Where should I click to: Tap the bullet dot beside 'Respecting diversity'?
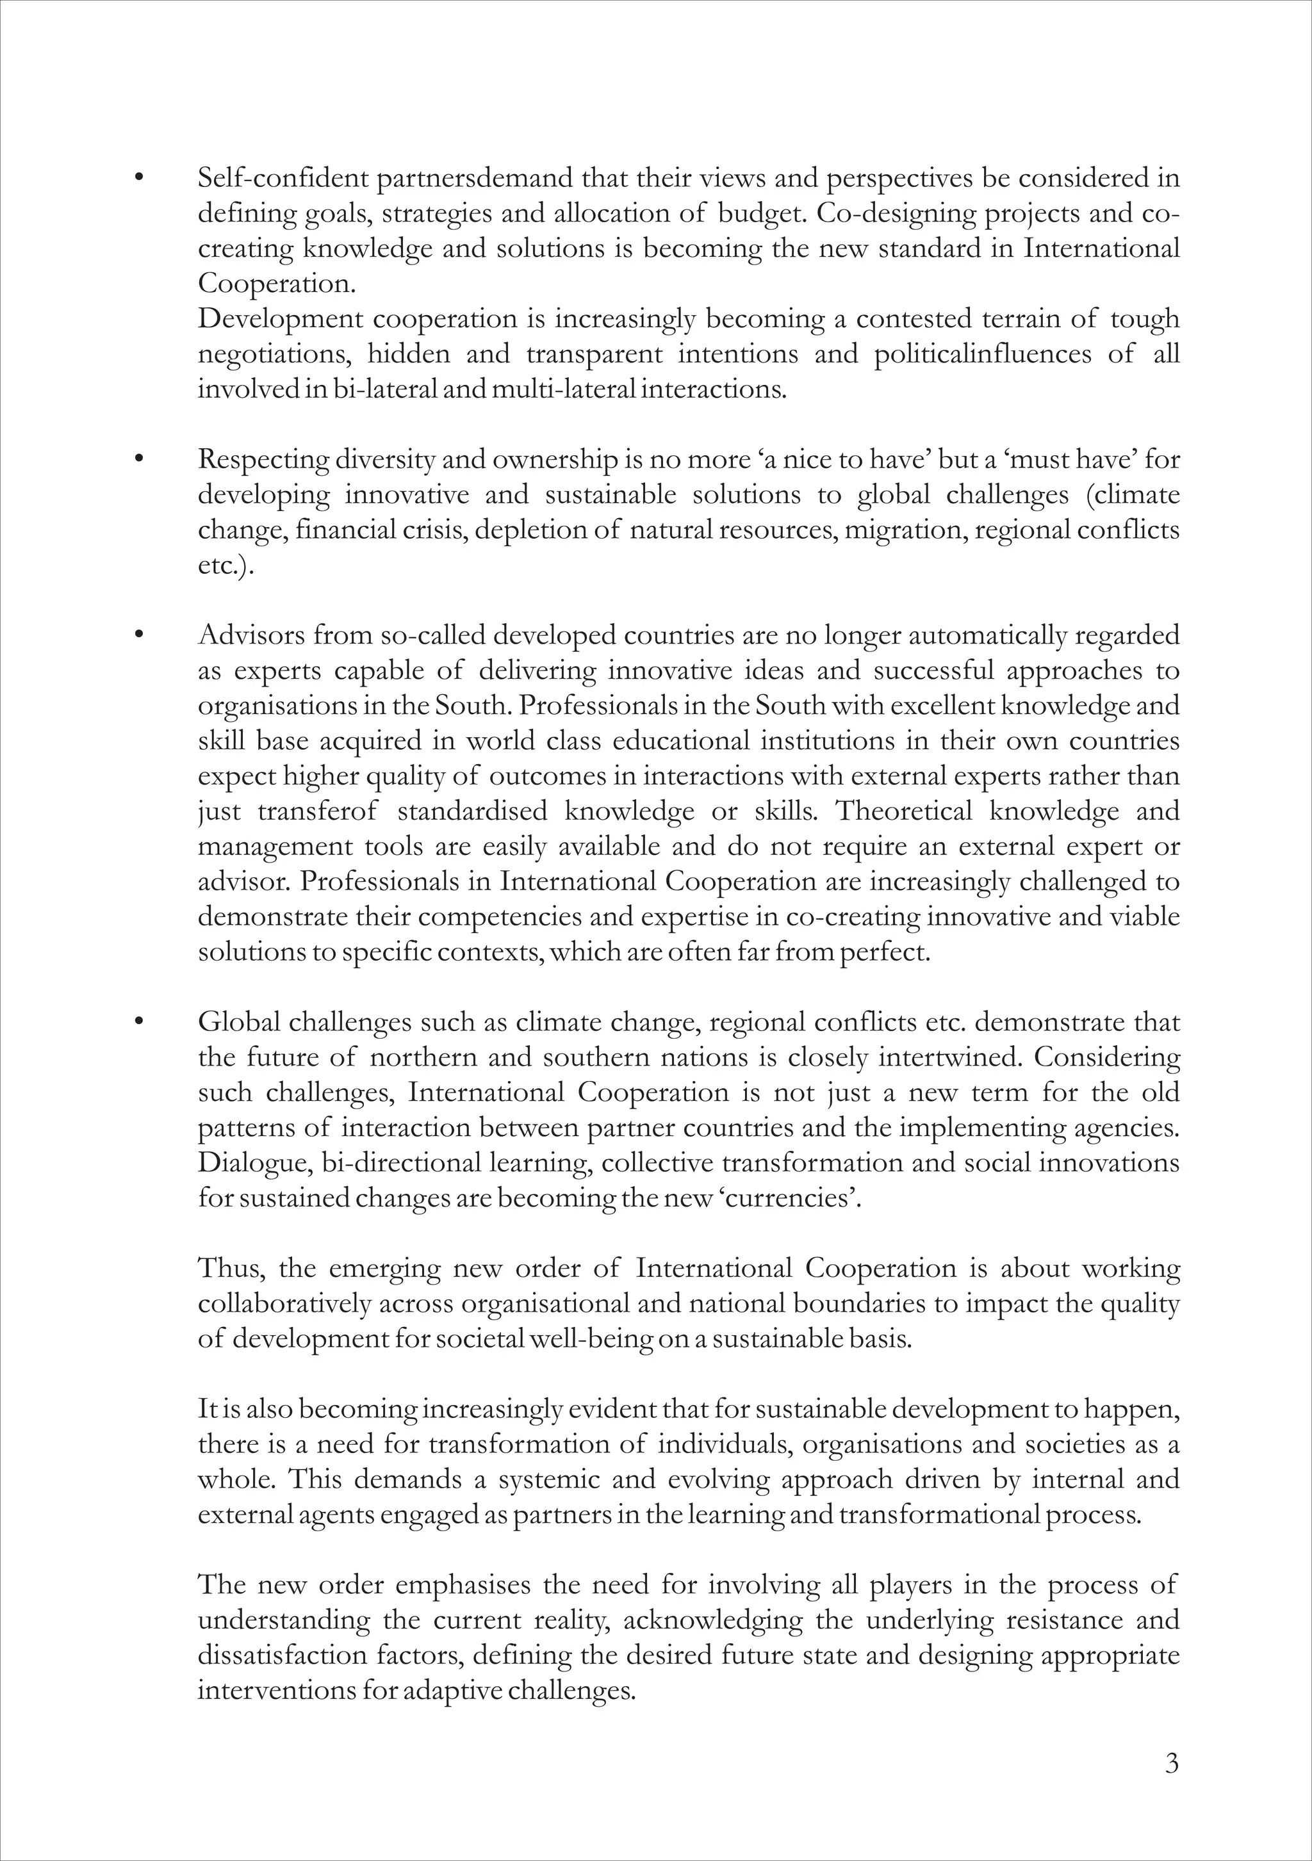click(x=140, y=460)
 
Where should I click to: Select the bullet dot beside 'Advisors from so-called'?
click(x=140, y=635)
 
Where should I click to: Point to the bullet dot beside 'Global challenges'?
click(x=140, y=1022)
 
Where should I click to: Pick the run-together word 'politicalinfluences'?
click(x=983, y=354)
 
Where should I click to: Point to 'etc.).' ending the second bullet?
click(x=225, y=565)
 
